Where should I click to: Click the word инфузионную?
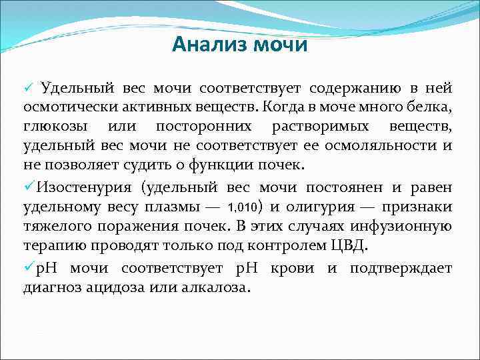409,227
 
